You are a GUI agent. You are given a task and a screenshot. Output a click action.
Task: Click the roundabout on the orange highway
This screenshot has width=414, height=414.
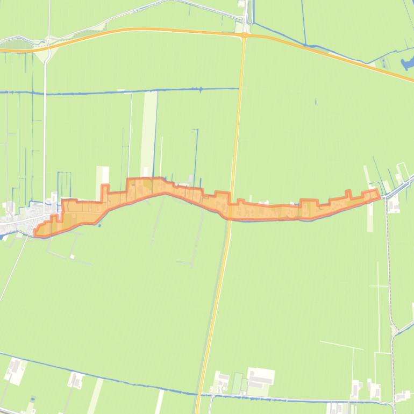(244, 35)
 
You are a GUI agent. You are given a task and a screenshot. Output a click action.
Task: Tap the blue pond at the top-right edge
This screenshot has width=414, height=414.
(406, 63)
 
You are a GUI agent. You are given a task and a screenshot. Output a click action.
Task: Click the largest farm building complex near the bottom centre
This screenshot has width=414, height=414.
(260, 378)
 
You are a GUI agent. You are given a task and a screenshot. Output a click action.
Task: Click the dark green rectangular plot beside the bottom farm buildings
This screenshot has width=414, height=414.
(237, 383)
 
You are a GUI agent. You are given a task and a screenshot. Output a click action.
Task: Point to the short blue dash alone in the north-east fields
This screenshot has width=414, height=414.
(316, 102)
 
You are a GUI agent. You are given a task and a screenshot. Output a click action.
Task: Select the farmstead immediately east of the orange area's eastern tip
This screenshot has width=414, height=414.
(394, 203)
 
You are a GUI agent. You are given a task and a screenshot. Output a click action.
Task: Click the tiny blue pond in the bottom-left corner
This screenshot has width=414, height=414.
(33, 399)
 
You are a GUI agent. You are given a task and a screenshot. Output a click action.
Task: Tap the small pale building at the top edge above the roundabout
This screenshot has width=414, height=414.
(241, 4)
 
